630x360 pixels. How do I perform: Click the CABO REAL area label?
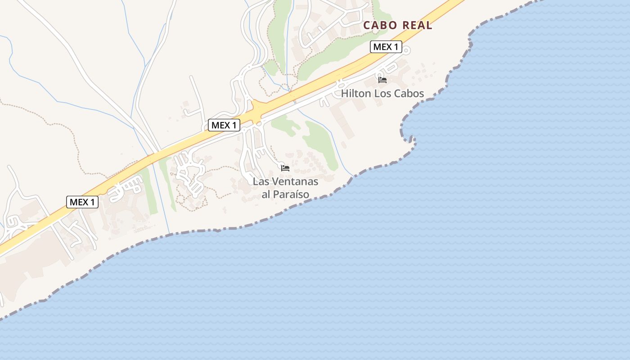(x=397, y=25)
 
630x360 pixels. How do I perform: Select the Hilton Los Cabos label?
(x=382, y=94)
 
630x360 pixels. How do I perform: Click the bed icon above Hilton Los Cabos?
(x=382, y=80)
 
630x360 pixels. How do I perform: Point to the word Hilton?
(x=355, y=94)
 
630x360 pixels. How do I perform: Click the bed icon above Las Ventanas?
(x=285, y=168)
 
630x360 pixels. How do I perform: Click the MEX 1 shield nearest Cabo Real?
(x=386, y=47)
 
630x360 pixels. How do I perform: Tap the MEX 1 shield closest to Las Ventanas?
(x=224, y=125)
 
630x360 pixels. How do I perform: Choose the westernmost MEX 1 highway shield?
(x=82, y=202)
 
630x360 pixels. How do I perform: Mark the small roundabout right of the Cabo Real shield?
(x=406, y=50)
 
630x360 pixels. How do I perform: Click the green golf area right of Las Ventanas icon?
(x=322, y=144)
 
